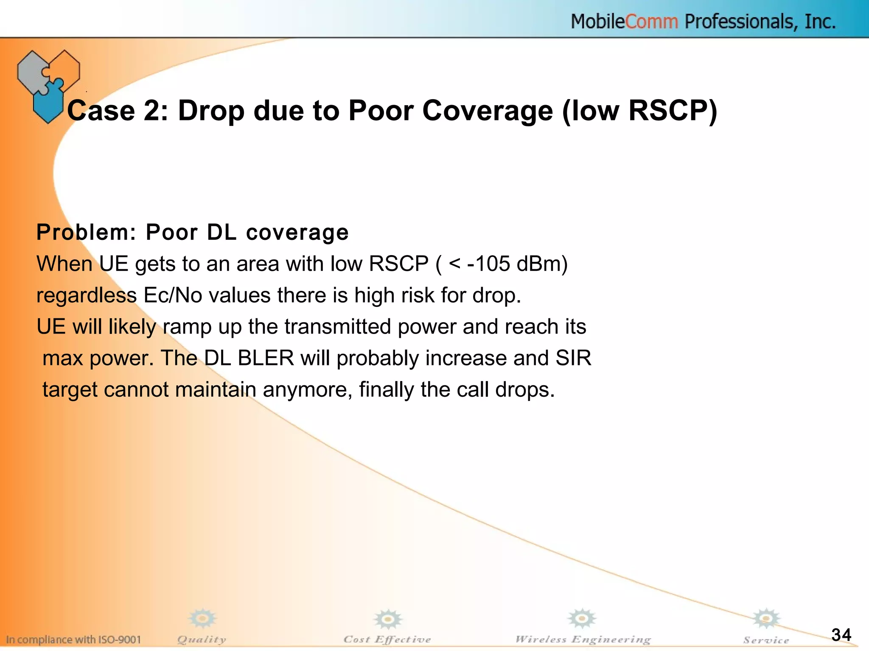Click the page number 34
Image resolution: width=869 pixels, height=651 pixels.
click(x=841, y=634)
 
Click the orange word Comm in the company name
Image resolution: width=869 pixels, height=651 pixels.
click(x=652, y=22)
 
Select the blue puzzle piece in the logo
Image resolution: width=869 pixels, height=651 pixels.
click(x=48, y=102)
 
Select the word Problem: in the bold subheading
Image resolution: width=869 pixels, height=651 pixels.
click(x=86, y=232)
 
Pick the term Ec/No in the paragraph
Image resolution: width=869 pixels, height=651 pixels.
click(x=173, y=295)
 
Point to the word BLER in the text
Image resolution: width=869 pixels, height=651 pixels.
click(x=266, y=358)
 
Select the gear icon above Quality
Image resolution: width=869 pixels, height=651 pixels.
click(x=202, y=619)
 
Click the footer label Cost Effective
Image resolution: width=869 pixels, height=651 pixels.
click(x=387, y=639)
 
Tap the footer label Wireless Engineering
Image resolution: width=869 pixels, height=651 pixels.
click(x=583, y=639)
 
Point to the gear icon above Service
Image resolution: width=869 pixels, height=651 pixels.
click(x=766, y=619)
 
